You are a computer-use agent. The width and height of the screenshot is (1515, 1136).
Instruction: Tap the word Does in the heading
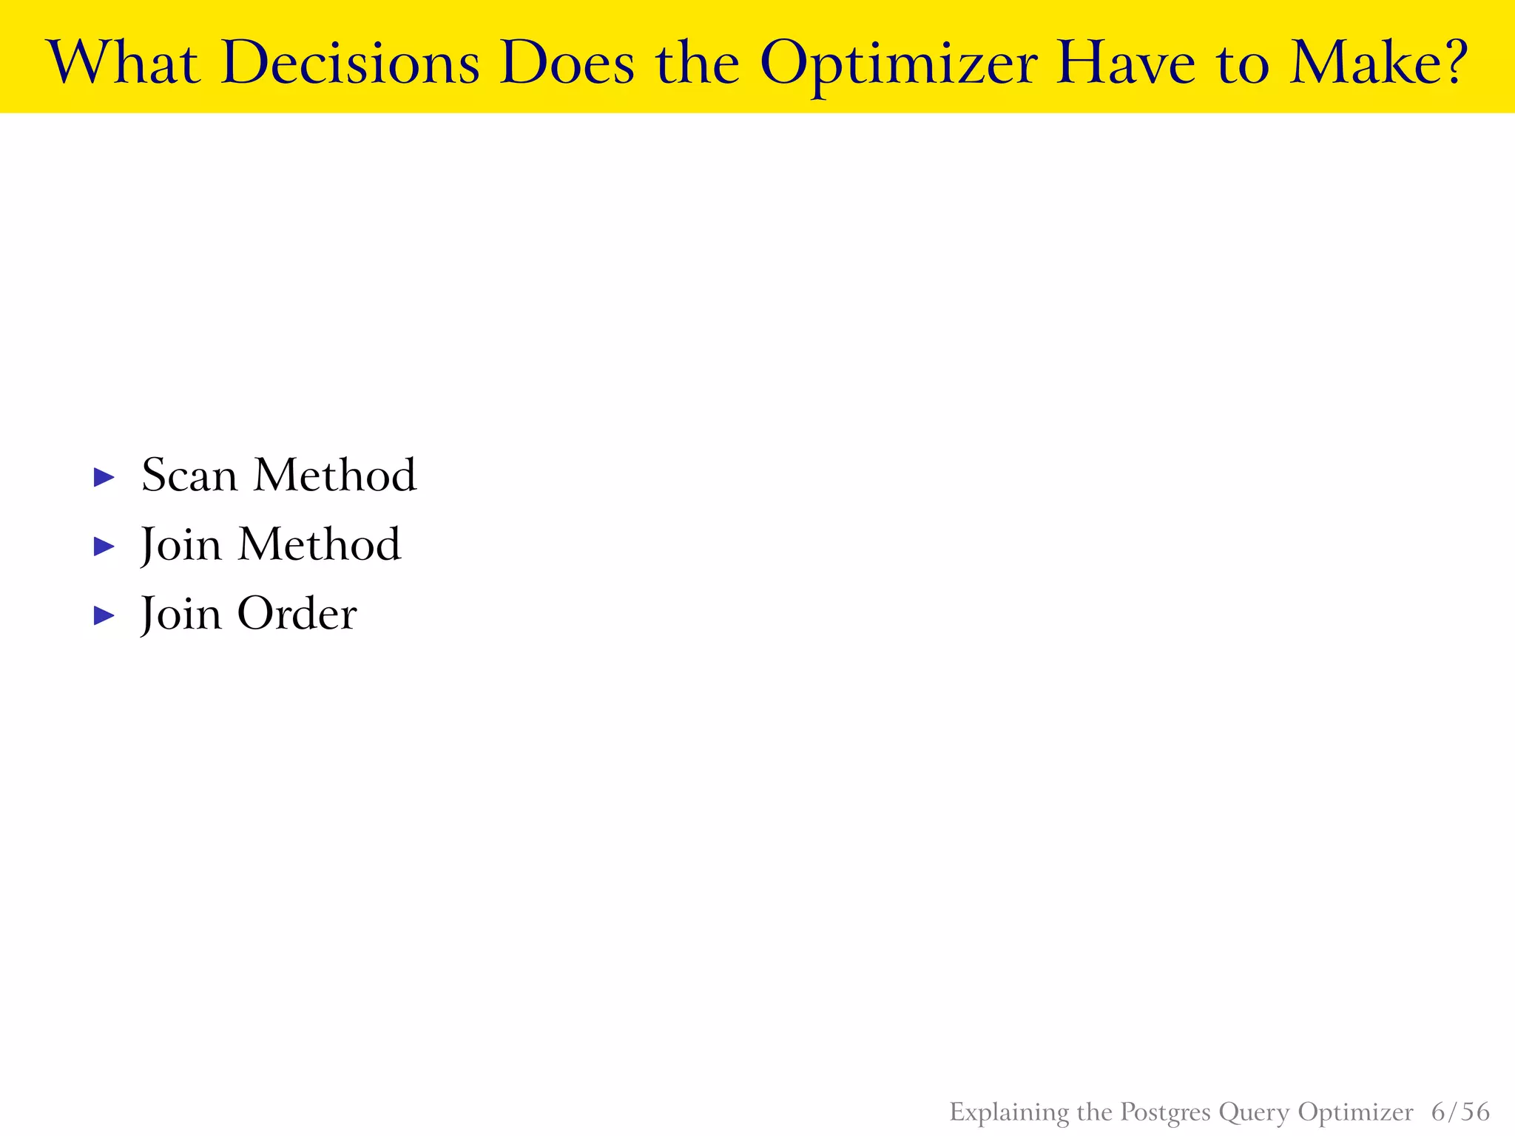point(567,62)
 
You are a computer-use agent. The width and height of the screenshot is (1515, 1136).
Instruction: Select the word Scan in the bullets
point(189,475)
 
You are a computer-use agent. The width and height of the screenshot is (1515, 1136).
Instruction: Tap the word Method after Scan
point(335,475)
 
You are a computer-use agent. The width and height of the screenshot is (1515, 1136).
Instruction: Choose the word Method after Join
point(320,544)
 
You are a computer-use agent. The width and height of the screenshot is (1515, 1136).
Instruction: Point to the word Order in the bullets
point(297,614)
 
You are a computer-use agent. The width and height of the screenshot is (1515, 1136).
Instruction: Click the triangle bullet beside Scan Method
point(104,477)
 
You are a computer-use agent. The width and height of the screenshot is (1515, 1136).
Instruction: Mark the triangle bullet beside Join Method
point(104,547)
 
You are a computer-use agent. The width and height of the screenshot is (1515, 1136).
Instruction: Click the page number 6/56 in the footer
point(1460,1112)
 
